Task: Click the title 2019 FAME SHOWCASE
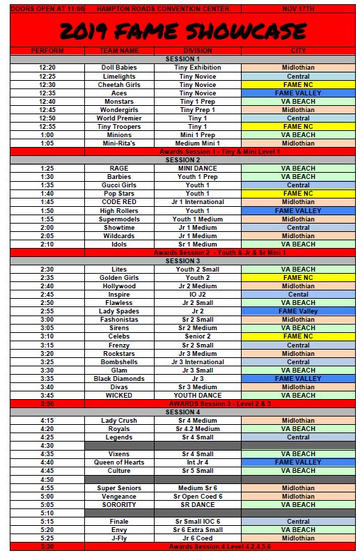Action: tap(182, 31)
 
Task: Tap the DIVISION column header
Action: tap(198, 51)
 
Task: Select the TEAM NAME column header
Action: tap(119, 51)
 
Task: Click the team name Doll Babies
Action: tap(119, 68)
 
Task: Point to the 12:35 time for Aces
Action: tap(47, 93)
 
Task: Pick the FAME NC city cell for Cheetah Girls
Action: tap(298, 84)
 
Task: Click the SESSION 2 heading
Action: tap(183, 160)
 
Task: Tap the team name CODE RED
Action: tap(119, 202)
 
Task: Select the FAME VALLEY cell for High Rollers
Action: tap(298, 210)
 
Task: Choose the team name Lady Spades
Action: tap(119, 311)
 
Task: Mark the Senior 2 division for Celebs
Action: tap(198, 336)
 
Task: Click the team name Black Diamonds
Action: tap(119, 379)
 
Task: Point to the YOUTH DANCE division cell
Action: tap(198, 396)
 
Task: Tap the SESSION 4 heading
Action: tap(183, 412)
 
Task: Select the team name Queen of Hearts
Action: tap(119, 462)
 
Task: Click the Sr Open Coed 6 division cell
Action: tap(198, 496)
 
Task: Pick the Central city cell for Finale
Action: tap(298, 521)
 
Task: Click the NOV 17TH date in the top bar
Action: tap(298, 8)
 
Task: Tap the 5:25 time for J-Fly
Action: tap(47, 538)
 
